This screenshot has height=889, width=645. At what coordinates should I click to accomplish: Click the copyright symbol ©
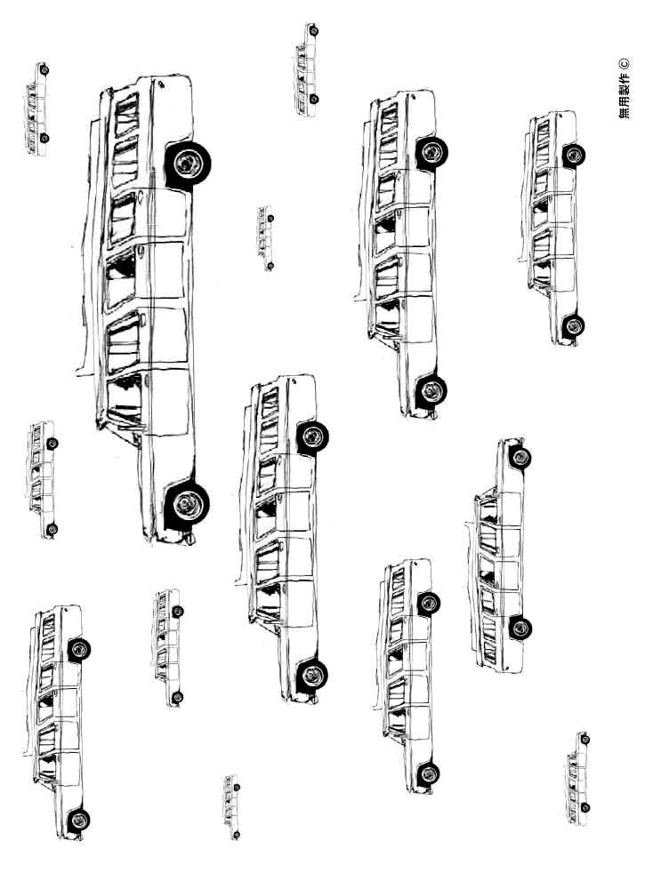pyautogui.click(x=623, y=63)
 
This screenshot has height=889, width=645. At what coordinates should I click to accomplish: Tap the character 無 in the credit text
pyautogui.click(x=623, y=112)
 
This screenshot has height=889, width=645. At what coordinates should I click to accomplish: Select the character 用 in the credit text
pyautogui.click(x=623, y=100)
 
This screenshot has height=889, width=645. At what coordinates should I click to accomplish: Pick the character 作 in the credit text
pyautogui.click(x=623, y=77)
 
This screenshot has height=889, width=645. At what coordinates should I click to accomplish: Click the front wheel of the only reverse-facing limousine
pyautogui.click(x=520, y=457)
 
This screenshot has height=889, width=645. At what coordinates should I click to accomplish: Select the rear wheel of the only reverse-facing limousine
pyautogui.click(x=519, y=628)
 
